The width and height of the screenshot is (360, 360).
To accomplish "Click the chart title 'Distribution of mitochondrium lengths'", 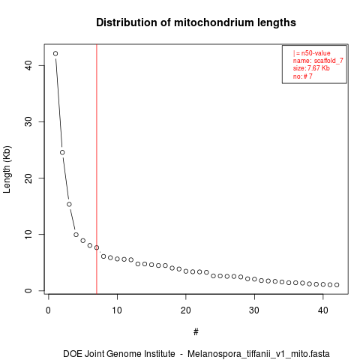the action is coord(196,22).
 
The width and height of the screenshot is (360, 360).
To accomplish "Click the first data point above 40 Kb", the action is coord(55,53).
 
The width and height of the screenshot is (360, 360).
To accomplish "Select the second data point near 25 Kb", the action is coord(62,152).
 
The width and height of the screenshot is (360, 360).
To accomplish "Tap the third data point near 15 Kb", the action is coord(69,204).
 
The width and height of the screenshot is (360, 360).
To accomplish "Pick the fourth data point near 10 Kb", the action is coord(76,235).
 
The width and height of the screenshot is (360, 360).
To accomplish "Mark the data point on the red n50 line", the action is coord(97,247).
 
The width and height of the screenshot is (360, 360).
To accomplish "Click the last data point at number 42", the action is coord(337,285).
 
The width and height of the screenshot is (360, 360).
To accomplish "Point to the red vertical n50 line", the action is coord(97,169).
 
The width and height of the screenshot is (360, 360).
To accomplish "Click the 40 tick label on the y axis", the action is coord(28,65).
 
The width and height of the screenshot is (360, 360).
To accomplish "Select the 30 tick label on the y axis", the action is coord(28,121).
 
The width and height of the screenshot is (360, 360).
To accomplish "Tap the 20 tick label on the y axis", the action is coord(28,178).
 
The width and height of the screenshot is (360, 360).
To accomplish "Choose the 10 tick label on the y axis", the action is coord(28,234).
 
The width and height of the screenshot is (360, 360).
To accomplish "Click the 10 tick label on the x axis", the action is coord(117,310).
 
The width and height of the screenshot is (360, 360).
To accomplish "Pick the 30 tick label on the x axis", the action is coord(254,310).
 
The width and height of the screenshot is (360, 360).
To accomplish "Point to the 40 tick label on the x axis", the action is coord(323,310).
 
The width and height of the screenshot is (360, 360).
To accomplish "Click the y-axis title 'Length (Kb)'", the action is coord(7,169).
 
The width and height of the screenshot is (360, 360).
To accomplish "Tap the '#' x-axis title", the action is coord(196,332).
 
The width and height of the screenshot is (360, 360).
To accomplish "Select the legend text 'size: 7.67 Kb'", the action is coord(311,68).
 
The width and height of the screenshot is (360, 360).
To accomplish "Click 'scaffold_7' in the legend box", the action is coord(328,61).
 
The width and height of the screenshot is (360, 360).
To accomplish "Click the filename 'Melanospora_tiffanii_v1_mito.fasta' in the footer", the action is coord(259,354).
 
